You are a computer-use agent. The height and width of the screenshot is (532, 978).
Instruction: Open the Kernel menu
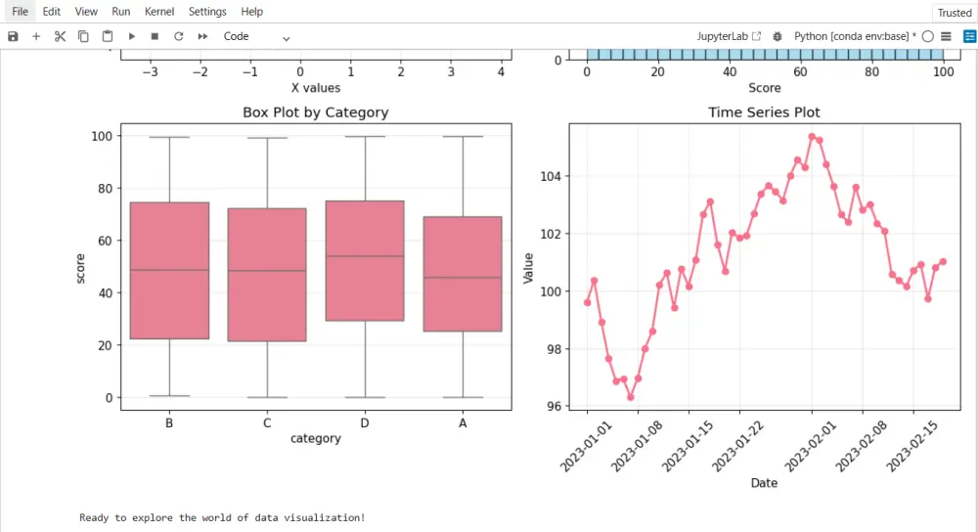(x=159, y=12)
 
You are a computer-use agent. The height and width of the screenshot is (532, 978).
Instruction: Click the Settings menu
(x=206, y=12)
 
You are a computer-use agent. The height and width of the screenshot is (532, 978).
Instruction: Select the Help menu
(x=251, y=12)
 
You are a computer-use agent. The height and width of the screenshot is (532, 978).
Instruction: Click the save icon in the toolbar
(x=13, y=36)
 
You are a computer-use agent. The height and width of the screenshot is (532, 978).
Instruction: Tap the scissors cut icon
(x=60, y=36)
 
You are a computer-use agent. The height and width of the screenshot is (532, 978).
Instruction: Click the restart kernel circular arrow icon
(x=178, y=36)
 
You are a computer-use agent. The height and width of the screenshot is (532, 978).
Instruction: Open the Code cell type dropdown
(x=256, y=36)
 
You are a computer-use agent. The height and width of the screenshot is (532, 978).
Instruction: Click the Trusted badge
(x=954, y=13)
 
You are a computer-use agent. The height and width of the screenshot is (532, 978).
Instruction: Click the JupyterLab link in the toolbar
(x=729, y=36)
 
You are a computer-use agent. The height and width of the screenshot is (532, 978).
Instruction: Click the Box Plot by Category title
(x=315, y=112)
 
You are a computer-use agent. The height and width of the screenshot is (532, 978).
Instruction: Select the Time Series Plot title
(x=764, y=112)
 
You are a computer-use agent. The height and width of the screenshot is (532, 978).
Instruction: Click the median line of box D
(x=365, y=256)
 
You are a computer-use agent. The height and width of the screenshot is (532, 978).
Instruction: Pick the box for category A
(x=463, y=274)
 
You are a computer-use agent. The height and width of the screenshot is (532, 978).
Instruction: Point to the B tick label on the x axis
(x=170, y=423)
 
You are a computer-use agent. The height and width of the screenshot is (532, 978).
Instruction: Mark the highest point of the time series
(x=812, y=137)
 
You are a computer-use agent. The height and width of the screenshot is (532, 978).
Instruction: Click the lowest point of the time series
(x=631, y=397)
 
